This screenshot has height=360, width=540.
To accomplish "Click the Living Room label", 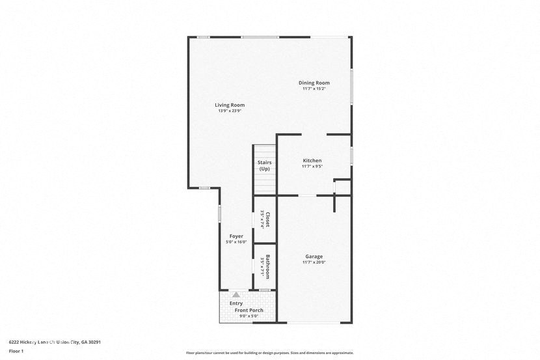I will [x=230, y=105].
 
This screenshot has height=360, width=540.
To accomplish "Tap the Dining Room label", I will [x=314, y=83].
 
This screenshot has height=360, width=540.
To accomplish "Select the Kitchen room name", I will [x=312, y=161].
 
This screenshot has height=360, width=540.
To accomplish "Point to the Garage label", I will [x=314, y=256].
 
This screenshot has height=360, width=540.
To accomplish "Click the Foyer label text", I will [x=236, y=236].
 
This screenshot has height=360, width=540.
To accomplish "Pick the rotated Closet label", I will [x=267, y=219].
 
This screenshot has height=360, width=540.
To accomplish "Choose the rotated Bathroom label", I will [x=267, y=266].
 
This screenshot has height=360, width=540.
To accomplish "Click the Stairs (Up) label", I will [x=264, y=165].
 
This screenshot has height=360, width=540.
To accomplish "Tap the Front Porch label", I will [x=249, y=311].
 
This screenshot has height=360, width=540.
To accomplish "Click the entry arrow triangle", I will [x=236, y=295].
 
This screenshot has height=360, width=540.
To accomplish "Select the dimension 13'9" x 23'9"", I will [x=230, y=111].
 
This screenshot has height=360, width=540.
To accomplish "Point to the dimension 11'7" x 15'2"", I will [x=314, y=89].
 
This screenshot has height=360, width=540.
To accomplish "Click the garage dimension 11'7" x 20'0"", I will [x=314, y=262].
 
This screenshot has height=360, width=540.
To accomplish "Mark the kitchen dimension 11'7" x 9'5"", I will [x=312, y=167].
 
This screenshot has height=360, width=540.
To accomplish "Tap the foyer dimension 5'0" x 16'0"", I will [x=236, y=242].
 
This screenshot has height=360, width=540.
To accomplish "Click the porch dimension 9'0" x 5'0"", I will [x=249, y=316].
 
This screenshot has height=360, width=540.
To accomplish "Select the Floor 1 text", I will [x=16, y=351].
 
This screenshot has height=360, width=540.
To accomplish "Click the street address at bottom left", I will [x=54, y=342].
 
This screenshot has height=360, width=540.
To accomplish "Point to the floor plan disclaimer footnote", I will [x=269, y=353].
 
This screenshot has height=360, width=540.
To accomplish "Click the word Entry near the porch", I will [x=236, y=303].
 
